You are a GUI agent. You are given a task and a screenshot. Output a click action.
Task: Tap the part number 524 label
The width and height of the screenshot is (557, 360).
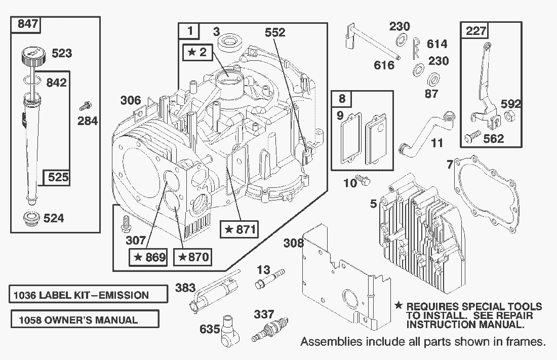[x=53, y=218]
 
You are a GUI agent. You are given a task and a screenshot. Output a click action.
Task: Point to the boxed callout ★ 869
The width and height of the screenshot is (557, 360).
[x=149, y=257]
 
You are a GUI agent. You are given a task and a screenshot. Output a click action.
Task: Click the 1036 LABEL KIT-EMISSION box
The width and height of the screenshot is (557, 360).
[x=88, y=295]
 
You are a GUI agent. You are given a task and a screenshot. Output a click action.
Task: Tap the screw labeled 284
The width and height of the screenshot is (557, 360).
[x=86, y=107]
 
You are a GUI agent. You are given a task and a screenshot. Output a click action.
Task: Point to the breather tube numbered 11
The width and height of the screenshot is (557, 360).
[x=425, y=133]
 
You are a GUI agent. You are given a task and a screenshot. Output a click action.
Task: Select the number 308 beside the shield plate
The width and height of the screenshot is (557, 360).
[x=293, y=243]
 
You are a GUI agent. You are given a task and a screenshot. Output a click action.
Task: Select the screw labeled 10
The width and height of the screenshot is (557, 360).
[x=363, y=180]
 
